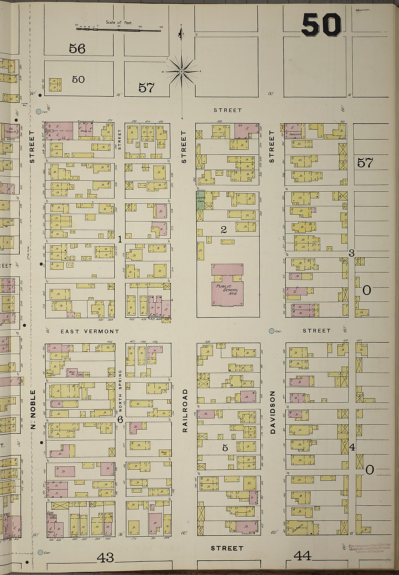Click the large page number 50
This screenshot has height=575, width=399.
[x=321, y=25]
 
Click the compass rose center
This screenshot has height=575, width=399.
[x=182, y=72]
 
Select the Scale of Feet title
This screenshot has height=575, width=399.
[x=119, y=22]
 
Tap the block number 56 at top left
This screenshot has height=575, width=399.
[x=77, y=48]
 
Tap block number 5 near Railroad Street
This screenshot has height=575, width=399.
[x=225, y=448]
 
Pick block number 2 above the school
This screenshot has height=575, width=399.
[x=223, y=229]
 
